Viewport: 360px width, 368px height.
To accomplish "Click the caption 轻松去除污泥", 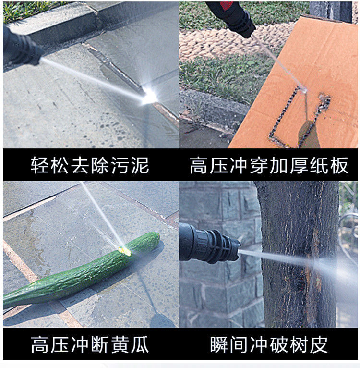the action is [90, 165].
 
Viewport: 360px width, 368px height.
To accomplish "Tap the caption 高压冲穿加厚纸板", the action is [269, 165].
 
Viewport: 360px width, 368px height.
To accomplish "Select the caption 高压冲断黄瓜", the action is [90, 344].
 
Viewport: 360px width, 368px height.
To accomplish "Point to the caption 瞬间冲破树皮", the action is [269, 344].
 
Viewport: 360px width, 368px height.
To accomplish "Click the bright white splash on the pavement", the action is [149, 96].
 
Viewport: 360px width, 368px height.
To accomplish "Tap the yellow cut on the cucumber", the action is [125, 251].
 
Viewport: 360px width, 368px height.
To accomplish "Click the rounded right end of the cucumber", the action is [156, 238].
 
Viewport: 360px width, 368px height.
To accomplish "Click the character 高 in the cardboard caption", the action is [198, 165].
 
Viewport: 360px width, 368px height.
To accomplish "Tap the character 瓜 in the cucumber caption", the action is [140, 344].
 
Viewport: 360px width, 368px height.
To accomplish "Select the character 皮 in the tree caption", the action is [319, 344].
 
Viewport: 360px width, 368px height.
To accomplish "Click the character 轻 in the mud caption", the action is [40, 165].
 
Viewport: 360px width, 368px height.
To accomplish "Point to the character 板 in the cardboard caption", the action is [339, 165].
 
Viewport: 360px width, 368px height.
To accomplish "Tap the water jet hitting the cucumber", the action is [102, 215].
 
